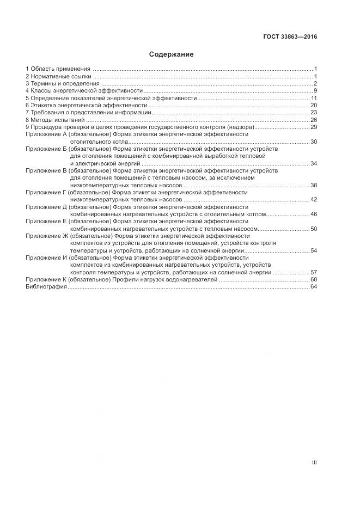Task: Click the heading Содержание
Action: coord(172,54)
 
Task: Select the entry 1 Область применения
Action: coord(58,69)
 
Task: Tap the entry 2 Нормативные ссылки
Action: coord(58,76)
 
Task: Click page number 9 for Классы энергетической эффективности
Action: coord(315,90)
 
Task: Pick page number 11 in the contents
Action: coord(314,98)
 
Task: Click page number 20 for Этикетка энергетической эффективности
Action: coord(313,105)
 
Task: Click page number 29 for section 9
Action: coord(313,127)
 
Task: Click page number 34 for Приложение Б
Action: coord(313,163)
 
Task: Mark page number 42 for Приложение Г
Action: coord(313,200)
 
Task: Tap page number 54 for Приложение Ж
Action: coord(313,250)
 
